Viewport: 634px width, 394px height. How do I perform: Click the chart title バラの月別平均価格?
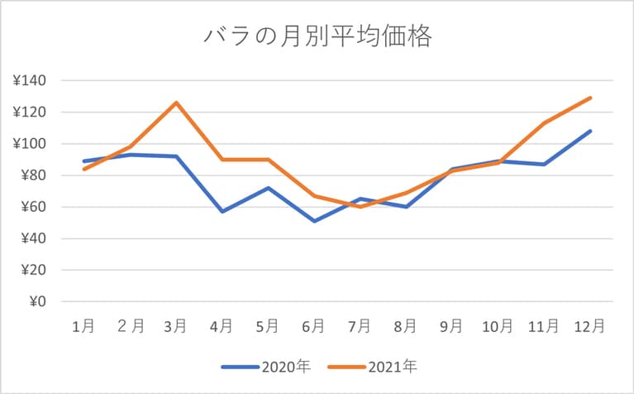(317, 37)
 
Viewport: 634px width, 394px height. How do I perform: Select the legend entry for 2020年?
(265, 365)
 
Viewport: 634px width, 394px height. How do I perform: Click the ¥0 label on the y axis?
(36, 302)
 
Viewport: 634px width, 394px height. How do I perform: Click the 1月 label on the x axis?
(83, 327)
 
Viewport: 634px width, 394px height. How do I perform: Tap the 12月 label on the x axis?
(590, 327)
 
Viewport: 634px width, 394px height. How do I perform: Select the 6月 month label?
(313, 327)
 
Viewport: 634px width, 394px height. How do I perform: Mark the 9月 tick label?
(451, 327)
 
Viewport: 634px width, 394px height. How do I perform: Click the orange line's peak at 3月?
(176, 103)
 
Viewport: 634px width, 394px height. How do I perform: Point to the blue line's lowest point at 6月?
(314, 221)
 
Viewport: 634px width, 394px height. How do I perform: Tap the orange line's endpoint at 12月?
(590, 98)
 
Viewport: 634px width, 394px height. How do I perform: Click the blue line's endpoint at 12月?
(590, 131)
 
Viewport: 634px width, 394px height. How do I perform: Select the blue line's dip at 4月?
(222, 212)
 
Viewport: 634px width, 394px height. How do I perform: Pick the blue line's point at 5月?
(268, 188)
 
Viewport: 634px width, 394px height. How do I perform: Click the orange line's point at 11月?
(544, 123)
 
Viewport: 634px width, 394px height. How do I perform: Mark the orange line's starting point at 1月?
(84, 169)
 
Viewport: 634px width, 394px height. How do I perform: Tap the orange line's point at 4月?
(222, 160)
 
